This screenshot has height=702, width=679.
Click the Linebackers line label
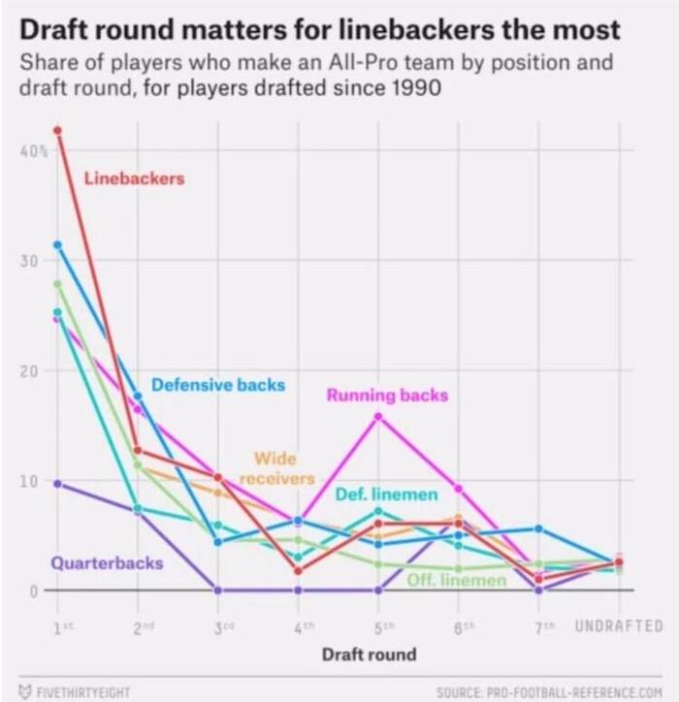point(134,178)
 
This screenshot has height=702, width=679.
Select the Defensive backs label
point(218,385)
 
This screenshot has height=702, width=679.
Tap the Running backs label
point(387,396)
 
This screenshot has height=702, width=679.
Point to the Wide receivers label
point(276,468)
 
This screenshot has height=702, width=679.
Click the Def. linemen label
point(386,495)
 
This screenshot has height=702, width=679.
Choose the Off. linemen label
point(456,580)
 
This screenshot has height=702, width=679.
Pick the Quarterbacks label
point(107,562)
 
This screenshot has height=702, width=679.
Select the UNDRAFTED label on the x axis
point(618,625)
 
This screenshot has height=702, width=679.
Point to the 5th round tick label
point(378,626)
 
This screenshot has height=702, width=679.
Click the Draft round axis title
point(369,654)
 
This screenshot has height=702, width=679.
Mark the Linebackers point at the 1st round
point(57,130)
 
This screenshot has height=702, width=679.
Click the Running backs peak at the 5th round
point(378,416)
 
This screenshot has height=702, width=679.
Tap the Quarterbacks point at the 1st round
point(57,483)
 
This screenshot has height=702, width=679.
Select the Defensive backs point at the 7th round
point(538,528)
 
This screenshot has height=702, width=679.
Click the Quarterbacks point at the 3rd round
point(218,590)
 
